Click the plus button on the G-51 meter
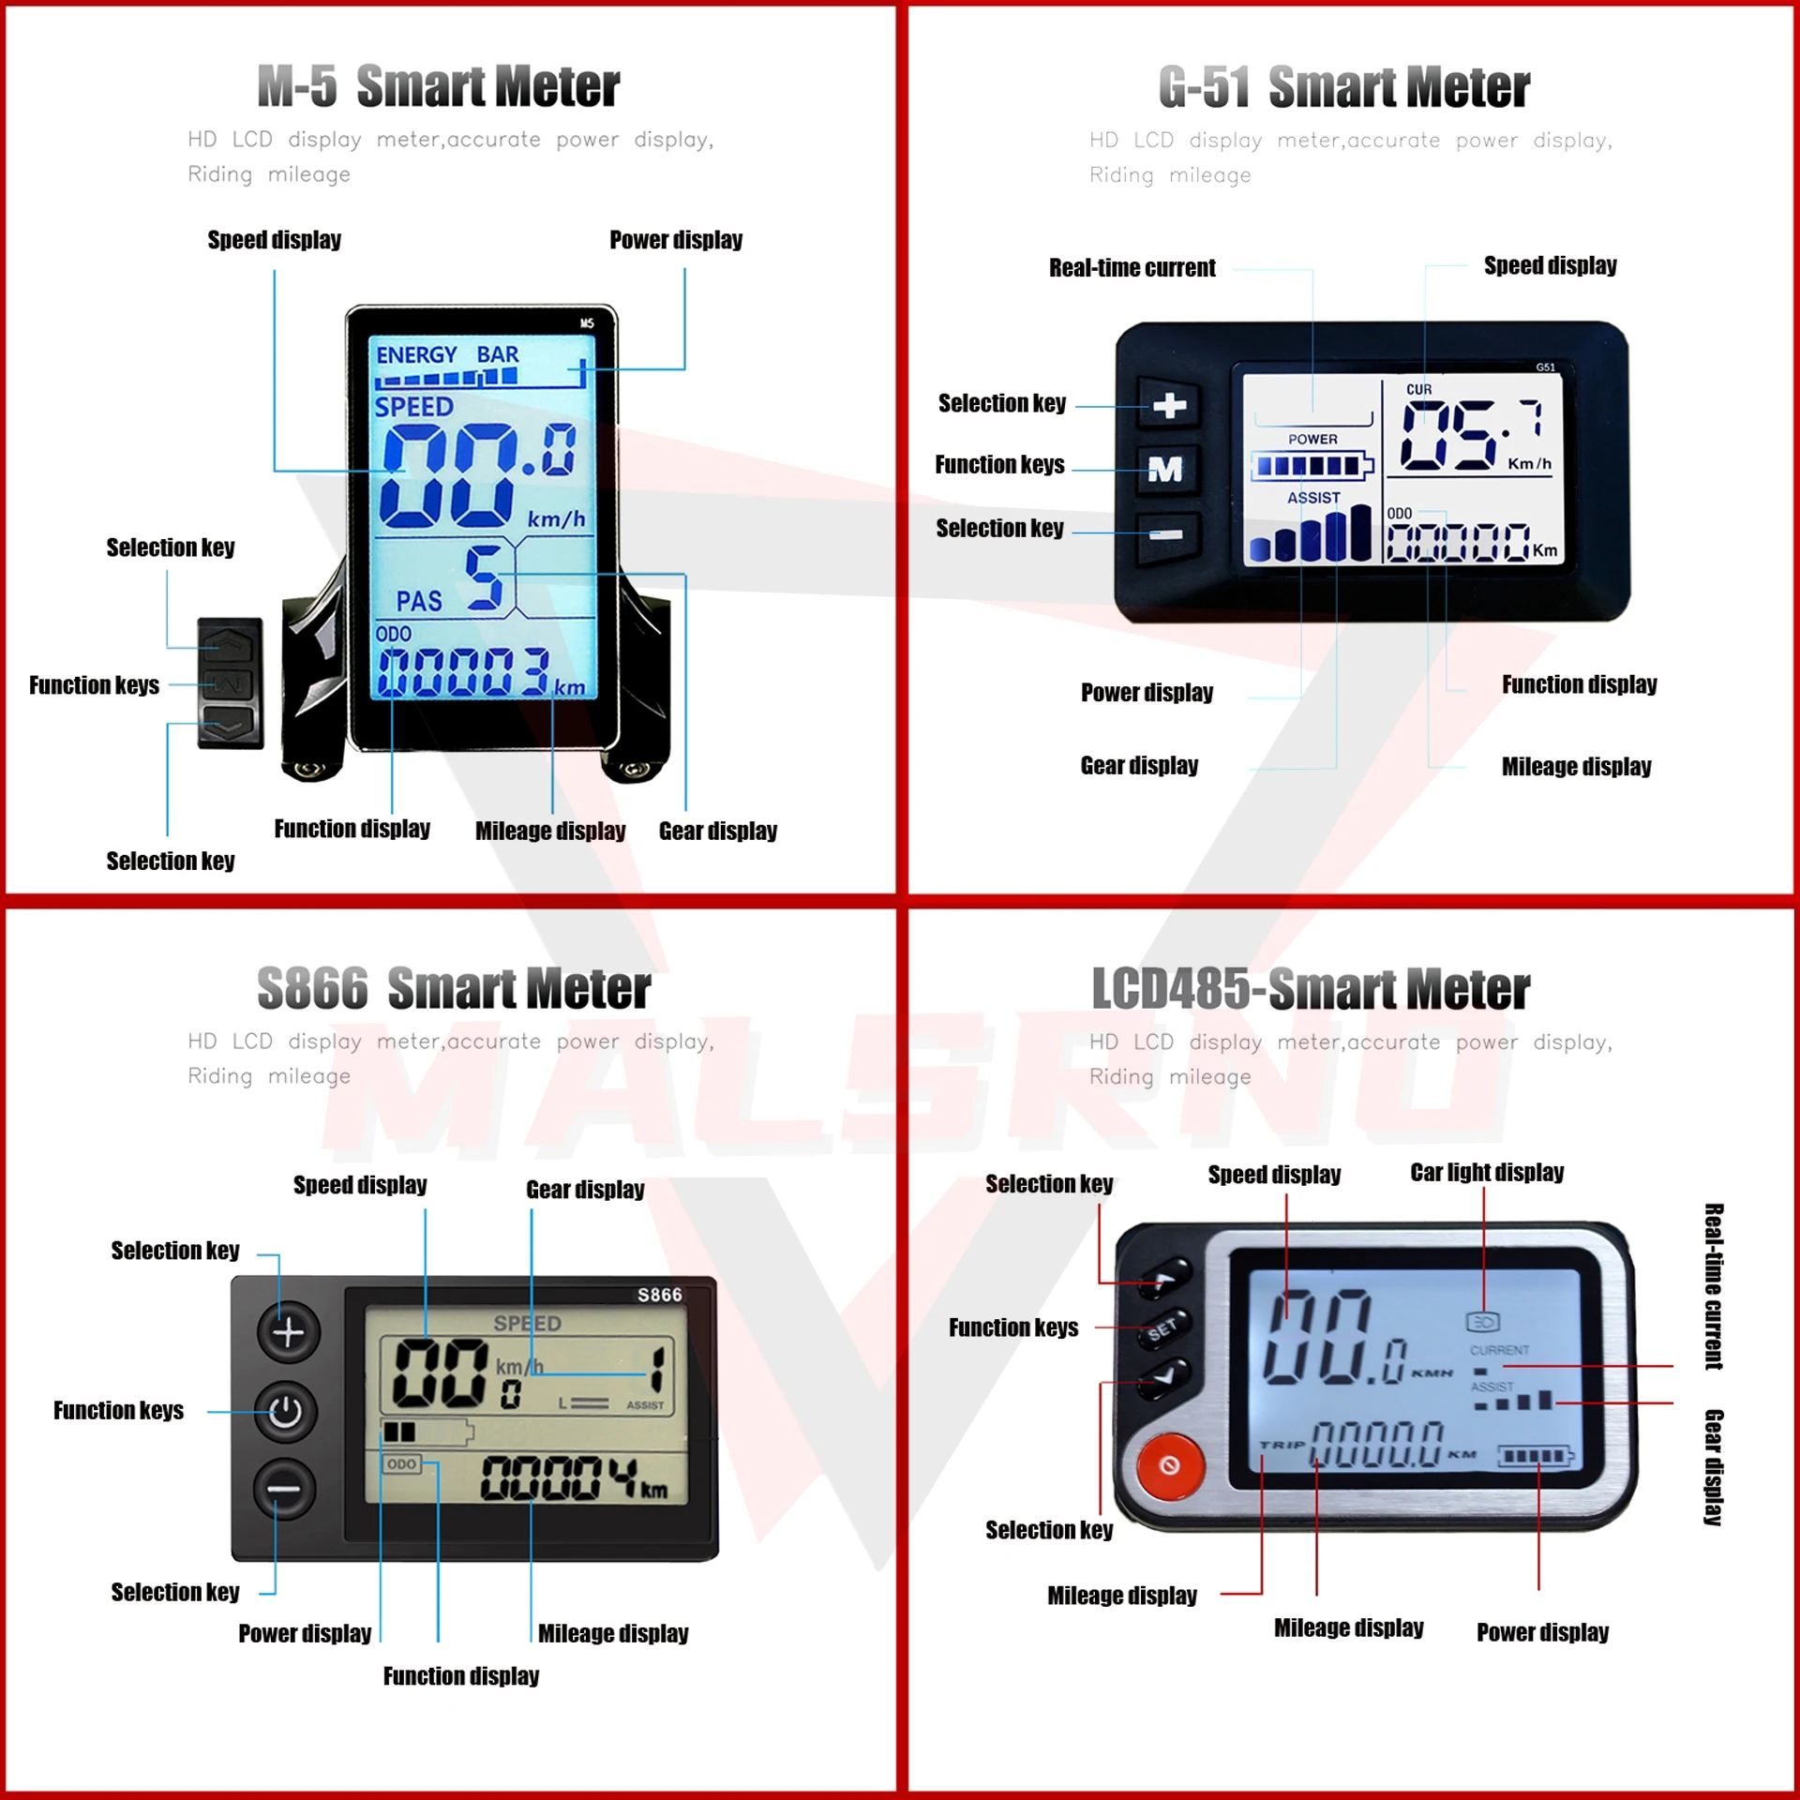click(1169, 406)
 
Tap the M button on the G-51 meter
click(1165, 469)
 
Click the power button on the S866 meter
click(286, 1411)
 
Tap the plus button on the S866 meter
click(288, 1332)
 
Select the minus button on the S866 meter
click(284, 1488)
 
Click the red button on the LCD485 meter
click(1170, 1464)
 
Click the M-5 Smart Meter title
click(438, 86)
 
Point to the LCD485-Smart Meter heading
click(1310, 989)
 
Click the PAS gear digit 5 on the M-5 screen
click(484, 577)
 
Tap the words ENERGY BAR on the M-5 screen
click(447, 354)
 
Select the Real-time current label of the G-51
click(1132, 268)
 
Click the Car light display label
click(1487, 1173)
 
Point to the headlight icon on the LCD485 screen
click(1482, 1322)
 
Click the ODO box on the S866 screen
click(401, 1464)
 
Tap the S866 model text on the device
click(659, 1295)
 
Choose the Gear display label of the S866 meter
click(585, 1190)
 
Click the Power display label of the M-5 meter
click(676, 240)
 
